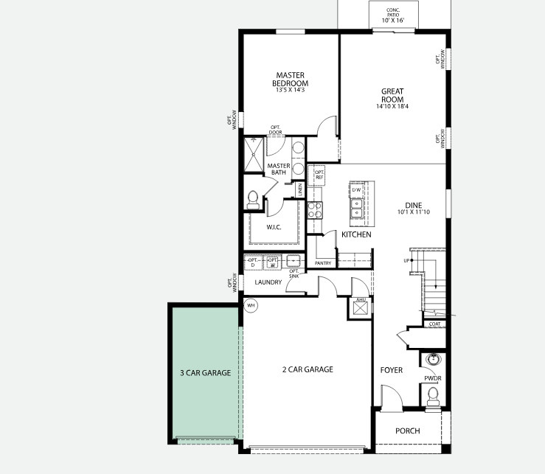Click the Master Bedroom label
click(x=291, y=79)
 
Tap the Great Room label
click(x=392, y=96)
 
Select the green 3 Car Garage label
click(x=205, y=373)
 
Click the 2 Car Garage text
click(x=308, y=369)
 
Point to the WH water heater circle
click(x=251, y=305)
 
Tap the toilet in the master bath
click(x=253, y=198)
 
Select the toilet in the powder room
click(x=432, y=397)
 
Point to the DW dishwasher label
click(x=356, y=190)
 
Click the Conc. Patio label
click(x=394, y=15)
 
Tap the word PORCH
click(x=407, y=431)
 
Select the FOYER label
click(x=391, y=370)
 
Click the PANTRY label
click(x=323, y=263)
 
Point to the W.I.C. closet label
click(x=274, y=227)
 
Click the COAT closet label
click(x=436, y=324)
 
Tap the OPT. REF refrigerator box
click(x=319, y=175)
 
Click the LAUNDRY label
click(x=268, y=282)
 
